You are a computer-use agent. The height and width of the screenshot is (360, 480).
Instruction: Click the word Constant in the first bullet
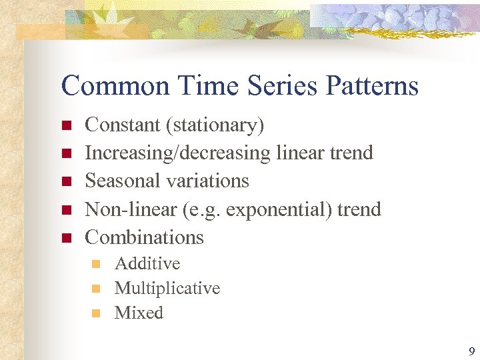pos(123,125)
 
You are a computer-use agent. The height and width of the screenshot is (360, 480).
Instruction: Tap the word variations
pos(211,181)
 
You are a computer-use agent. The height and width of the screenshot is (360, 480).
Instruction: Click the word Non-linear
pos(129,209)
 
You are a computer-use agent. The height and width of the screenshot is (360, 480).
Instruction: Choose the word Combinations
pos(145,237)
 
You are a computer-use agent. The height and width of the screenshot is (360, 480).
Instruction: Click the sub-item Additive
pos(147,263)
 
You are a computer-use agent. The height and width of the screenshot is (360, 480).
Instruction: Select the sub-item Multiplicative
pos(167,289)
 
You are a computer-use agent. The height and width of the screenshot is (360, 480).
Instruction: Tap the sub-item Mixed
pos(139,313)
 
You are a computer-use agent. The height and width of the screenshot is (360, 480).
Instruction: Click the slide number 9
pos(471,351)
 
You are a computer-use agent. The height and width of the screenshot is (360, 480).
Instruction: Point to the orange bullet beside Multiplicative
pos(96,289)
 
